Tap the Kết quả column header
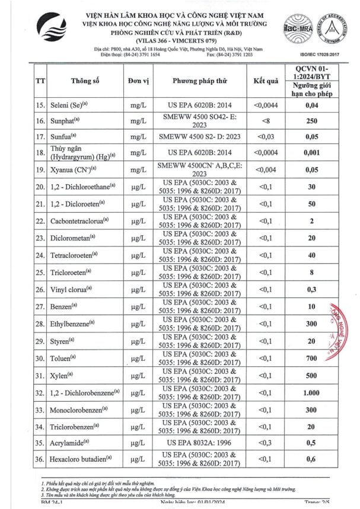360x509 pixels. [x=266, y=81]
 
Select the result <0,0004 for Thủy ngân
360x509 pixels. [x=266, y=152]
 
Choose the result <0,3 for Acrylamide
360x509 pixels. [x=266, y=443]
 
